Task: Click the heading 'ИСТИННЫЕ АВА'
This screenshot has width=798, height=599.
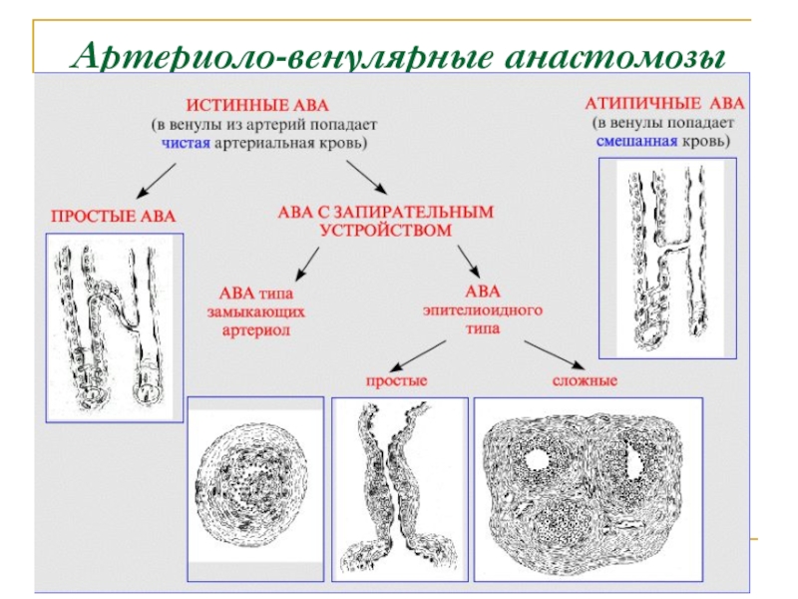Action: click(257, 106)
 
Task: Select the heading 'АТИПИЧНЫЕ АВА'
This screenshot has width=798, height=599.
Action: click(664, 104)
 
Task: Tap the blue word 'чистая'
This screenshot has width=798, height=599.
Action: click(186, 143)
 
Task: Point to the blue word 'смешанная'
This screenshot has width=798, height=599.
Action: click(636, 141)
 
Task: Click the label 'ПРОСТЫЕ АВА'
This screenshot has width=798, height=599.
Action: click(113, 216)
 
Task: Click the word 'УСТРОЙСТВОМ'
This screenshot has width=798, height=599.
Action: click(385, 231)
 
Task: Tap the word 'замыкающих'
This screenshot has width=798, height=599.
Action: click(255, 311)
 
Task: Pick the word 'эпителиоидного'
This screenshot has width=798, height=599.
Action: click(483, 310)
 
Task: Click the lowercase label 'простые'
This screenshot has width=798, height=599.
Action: click(396, 380)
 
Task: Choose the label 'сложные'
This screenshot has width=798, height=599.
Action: click(585, 380)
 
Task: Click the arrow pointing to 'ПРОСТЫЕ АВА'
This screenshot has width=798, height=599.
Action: click(157, 181)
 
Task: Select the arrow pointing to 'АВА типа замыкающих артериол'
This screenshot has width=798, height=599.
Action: click(307, 264)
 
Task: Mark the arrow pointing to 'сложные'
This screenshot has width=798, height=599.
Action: click(555, 355)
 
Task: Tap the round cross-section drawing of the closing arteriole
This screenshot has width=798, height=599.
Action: click(251, 483)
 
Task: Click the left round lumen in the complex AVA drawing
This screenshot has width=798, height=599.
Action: click(537, 460)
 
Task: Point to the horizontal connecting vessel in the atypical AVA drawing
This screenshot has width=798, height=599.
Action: click(675, 245)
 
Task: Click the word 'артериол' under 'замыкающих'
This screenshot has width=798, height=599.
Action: click(255, 330)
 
